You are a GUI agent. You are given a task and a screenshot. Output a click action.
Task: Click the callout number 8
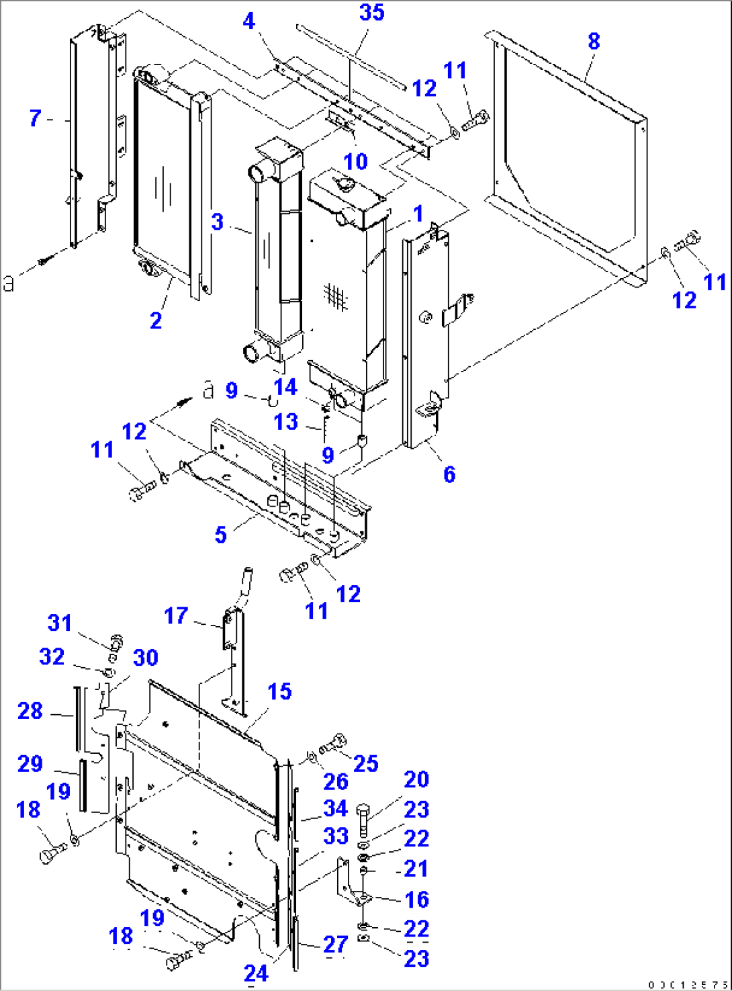[x=594, y=41]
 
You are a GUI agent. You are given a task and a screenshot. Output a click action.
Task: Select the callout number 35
[x=371, y=12]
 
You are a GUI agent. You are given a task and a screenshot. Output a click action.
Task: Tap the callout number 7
[x=36, y=118]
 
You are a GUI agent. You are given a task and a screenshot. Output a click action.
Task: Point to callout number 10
[x=355, y=161]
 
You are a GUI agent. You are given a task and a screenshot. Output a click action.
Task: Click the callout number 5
[x=221, y=535]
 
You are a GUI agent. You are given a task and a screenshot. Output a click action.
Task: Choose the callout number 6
[x=449, y=474]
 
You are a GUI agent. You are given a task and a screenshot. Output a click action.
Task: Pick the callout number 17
[x=176, y=615]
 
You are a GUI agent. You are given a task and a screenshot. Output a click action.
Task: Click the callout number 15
[x=279, y=691]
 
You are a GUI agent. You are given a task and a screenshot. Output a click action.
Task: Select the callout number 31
[x=59, y=623]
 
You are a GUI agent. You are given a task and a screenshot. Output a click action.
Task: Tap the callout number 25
[x=365, y=763]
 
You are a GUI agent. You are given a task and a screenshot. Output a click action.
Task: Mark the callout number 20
[x=416, y=779]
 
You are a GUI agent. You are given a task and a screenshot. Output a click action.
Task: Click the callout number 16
[x=416, y=899]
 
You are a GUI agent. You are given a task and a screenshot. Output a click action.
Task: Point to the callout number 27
[x=335, y=944]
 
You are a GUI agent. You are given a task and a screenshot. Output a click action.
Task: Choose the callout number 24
[x=256, y=973]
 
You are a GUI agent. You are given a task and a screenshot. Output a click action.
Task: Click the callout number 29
[x=30, y=764]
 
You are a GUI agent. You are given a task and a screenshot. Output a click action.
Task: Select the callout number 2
[x=156, y=320]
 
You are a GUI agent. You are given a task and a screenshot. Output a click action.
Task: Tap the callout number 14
[x=285, y=387]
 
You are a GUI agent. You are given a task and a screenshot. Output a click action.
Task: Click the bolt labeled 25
[x=334, y=744]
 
